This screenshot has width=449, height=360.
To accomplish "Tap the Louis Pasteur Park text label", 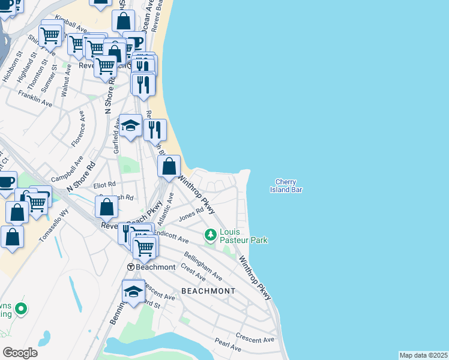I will coord(243,236).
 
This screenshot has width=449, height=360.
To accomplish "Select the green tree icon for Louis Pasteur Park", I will coord(210,234).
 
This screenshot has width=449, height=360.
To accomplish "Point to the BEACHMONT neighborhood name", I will coord(208,291).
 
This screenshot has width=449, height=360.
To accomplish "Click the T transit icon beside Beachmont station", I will coord(130,266).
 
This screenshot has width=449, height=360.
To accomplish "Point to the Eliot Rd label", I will coord(104,185).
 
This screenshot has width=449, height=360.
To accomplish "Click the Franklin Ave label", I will coord(35,99).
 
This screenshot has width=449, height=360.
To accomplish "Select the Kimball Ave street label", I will coord(71,25).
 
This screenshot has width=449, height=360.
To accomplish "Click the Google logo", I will coord(20,353).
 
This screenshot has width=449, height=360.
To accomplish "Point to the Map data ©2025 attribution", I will coord(423,355).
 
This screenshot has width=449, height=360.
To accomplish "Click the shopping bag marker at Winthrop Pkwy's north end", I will coord(170,167).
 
